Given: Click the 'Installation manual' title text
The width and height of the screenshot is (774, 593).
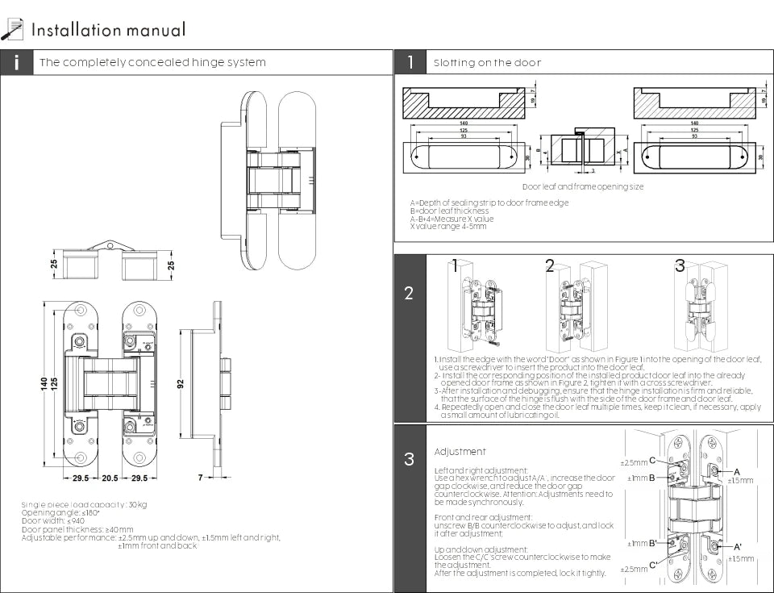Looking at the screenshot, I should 108,31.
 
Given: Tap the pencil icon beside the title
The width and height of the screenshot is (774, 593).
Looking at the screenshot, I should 12,30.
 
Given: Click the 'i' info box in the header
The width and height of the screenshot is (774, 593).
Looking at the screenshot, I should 17,63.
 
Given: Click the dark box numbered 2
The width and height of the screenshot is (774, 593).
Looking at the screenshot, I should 410,293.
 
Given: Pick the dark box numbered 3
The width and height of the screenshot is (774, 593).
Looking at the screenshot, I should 410,460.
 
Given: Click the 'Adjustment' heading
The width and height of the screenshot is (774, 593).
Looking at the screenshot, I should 460,452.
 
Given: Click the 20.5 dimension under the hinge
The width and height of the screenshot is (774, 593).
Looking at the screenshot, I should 110,478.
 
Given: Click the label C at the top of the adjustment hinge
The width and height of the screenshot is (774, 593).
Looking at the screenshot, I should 651,460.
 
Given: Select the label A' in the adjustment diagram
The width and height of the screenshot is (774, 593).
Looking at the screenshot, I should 737,548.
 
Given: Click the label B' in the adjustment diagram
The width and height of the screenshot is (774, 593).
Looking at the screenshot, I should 651,543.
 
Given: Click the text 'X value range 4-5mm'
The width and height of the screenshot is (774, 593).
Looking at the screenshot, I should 448,227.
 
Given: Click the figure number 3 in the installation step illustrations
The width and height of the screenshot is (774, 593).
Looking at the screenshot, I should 680,265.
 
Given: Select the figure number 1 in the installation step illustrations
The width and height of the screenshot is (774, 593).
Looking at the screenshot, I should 456,265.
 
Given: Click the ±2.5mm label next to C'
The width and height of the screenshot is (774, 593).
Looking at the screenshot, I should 633,569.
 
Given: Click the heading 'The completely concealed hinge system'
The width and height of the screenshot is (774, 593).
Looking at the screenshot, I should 152,63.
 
